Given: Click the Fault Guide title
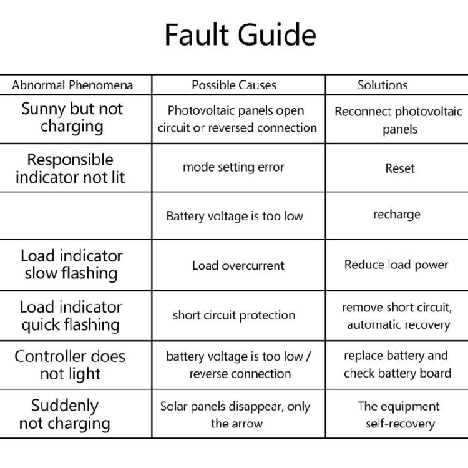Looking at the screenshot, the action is pos(241,35).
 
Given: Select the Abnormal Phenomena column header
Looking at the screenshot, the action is pos(72,85).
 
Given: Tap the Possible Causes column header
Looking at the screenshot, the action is pos(234,85).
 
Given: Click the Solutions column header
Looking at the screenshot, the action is pos(383,85).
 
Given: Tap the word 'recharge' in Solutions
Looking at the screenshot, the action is pos(397,215).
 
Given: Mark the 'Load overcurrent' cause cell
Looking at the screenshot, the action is pos(238,265).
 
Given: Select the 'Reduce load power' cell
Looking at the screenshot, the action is pos(396,265).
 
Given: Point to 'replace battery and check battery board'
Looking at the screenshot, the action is pos(397,364).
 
